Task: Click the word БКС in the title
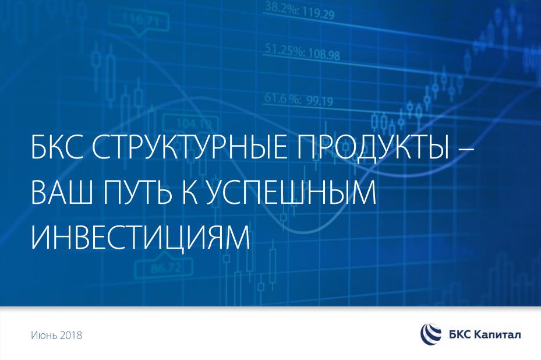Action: (x=57, y=147)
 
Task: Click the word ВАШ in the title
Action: (x=62, y=193)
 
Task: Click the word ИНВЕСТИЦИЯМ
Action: (x=140, y=238)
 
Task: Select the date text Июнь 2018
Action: (x=56, y=335)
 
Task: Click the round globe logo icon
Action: (x=430, y=334)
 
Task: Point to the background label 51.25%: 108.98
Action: (x=303, y=52)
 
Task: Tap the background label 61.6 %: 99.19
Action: (x=299, y=100)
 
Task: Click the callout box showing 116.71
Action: (x=139, y=22)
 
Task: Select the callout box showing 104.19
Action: (x=191, y=123)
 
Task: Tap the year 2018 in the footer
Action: (x=70, y=335)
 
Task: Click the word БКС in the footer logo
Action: (x=458, y=334)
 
